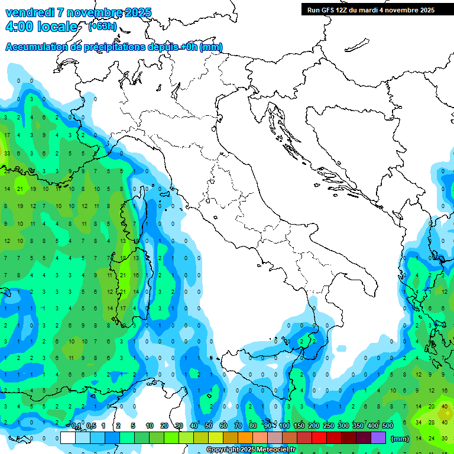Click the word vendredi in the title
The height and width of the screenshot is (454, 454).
click(x=30, y=12)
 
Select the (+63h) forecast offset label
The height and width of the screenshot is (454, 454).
click(x=102, y=26)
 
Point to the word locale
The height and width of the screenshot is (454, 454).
click(x=59, y=27)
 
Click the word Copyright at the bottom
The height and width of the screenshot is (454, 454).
click(x=222, y=450)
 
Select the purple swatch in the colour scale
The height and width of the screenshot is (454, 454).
click(x=378, y=437)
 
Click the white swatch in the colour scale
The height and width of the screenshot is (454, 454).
click(x=68, y=437)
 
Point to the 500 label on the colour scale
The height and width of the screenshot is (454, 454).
click(x=387, y=426)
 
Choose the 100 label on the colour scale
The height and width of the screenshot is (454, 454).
click(x=284, y=426)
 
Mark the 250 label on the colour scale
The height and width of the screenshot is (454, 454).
click(x=328, y=426)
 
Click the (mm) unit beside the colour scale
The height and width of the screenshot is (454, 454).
click(x=400, y=438)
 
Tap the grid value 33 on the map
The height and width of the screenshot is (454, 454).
click(x=7, y=154)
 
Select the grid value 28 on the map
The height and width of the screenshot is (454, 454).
click(x=432, y=422)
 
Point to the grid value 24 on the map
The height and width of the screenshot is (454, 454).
click(x=432, y=438)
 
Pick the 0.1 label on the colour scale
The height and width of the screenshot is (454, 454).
click(x=76, y=426)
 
